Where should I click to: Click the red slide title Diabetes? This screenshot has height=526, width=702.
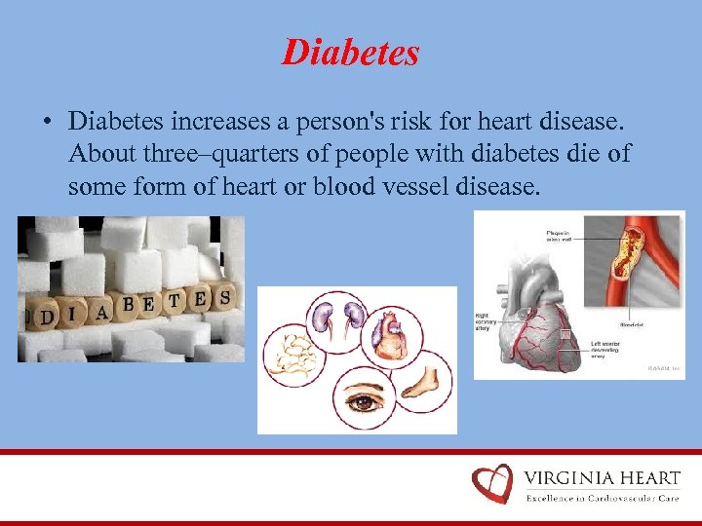(x=350, y=52)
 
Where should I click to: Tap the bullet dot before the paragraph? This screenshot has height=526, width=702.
(x=46, y=123)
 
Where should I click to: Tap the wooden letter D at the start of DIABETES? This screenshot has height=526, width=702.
(x=43, y=316)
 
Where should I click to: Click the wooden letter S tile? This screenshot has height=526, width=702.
(x=224, y=296)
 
